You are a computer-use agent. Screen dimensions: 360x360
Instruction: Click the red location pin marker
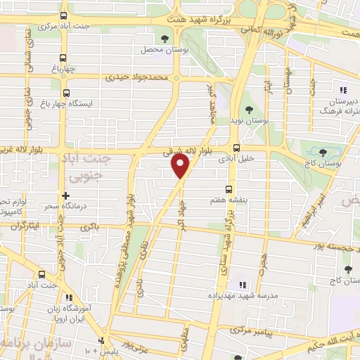pyautogui.click(x=181, y=166)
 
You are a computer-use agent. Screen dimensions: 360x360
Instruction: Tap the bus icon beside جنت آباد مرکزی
pyautogui.click(x=64, y=15)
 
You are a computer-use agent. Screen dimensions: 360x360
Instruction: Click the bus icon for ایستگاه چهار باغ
pyautogui.click(x=66, y=92)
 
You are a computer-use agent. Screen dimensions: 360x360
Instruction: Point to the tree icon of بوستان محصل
pyautogui.click(x=165, y=39)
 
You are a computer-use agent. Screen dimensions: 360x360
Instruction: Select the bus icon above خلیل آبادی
pyautogui.click(x=237, y=148)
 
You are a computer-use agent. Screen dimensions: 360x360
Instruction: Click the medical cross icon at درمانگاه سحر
pyautogui.click(x=65, y=196)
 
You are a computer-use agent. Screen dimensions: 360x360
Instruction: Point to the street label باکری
pyautogui.click(x=89, y=226)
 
